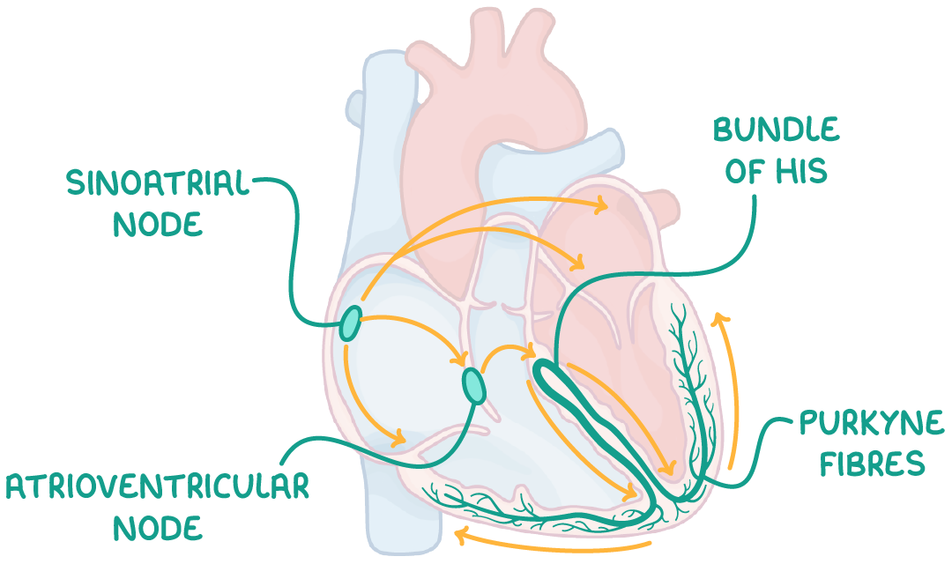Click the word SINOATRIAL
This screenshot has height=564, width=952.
pos(157,182)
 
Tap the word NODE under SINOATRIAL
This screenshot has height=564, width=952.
pos(157,224)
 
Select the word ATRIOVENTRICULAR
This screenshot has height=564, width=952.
pos(157,486)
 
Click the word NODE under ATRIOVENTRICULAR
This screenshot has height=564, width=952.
pos(157,528)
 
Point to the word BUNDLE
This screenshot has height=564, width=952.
pos(776,130)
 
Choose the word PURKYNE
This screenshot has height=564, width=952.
pos(871,422)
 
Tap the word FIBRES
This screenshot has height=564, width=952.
pos(872,464)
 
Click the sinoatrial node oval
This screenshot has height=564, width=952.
pos(350,323)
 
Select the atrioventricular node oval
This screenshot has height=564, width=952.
pos(474,385)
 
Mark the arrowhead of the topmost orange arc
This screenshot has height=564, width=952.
pos(601,204)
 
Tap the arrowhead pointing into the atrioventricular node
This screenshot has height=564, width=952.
pos(458,360)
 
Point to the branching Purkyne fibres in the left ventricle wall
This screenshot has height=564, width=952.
pos(689,389)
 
